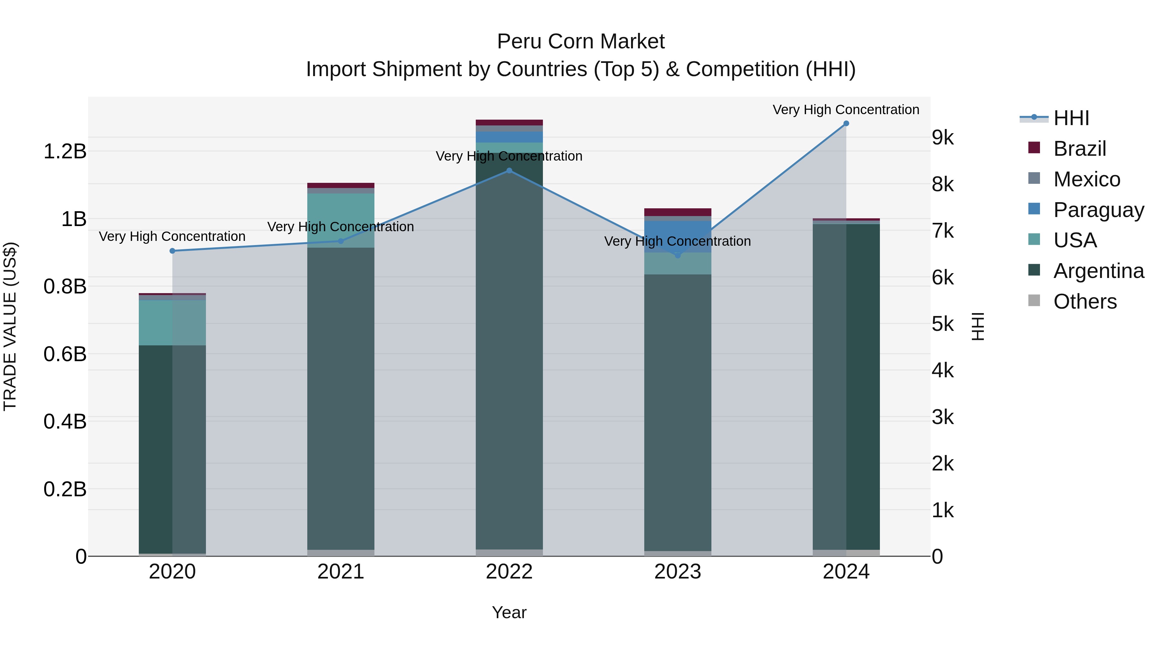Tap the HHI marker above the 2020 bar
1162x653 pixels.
tap(172, 251)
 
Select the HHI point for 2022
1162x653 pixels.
tap(509, 171)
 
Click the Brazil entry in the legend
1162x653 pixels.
tap(1079, 149)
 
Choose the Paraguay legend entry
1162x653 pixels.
tap(1098, 210)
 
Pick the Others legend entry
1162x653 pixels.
tap(1085, 302)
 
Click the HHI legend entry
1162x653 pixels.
tap(1071, 118)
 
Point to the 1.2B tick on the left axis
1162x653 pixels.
tap(65, 152)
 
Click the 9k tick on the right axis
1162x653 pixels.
tap(943, 138)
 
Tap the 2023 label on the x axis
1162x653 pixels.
tap(678, 572)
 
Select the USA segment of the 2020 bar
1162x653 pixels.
tap(172, 323)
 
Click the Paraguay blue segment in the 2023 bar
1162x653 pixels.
tap(678, 237)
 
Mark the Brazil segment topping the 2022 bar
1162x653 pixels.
tap(509, 123)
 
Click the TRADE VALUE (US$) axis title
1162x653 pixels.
tap(10, 326)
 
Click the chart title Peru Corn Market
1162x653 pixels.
tap(581, 42)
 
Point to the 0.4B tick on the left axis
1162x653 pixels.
tap(65, 422)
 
